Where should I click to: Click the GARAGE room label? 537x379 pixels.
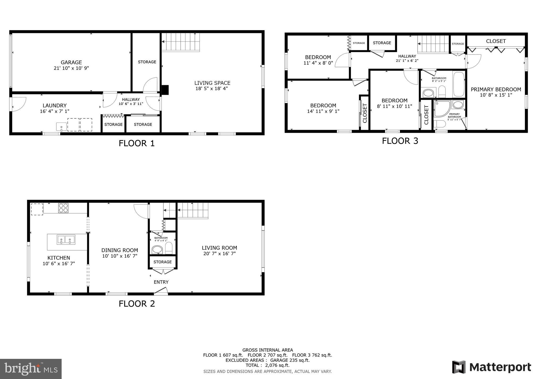coord(71,62)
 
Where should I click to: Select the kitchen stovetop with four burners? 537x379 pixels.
coord(63,208)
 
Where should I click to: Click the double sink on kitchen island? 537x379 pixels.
coord(66,239)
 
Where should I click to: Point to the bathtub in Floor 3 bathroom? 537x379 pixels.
coord(459,84)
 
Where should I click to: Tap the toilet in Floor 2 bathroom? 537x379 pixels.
coord(169,248)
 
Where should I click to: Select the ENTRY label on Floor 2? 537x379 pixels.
coord(161,282)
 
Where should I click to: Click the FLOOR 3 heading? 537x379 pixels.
coord(400,141)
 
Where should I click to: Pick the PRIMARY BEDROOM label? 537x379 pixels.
coord(496,90)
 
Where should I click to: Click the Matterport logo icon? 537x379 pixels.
coord(459,367)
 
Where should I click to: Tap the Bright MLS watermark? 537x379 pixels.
coord(31,369)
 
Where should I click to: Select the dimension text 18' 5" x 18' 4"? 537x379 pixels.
coord(212,88)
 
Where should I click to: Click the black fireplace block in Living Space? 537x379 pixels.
coord(165,90)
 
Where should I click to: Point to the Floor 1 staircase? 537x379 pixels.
coord(181,42)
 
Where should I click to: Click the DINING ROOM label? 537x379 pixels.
coord(120,250)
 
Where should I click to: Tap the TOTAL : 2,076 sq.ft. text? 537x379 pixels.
coord(267,365)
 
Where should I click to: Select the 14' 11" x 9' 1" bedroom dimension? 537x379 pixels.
coord(323,111)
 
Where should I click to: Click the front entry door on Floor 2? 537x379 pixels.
coord(161,291)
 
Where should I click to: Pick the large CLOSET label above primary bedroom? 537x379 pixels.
coord(496,41)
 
